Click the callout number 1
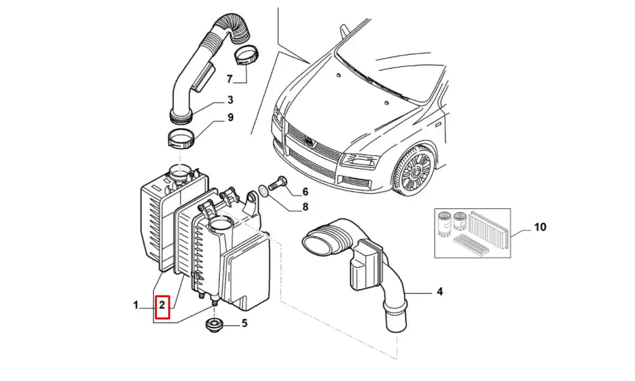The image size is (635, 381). click(136, 306)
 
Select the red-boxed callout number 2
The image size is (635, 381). click(163, 307)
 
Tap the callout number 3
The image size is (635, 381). click(230, 100)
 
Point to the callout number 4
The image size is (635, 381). click(439, 292)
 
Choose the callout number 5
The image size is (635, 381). click(244, 323)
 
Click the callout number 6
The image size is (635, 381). click(305, 192)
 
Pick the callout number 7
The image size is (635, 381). click(230, 78)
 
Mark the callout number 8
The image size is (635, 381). click(305, 206)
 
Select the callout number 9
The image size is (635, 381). click(230, 117)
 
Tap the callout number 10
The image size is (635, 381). click(540, 227)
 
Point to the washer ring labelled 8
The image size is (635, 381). click(262, 190)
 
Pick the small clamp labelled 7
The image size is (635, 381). click(246, 57)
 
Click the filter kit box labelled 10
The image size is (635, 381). click(472, 233)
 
